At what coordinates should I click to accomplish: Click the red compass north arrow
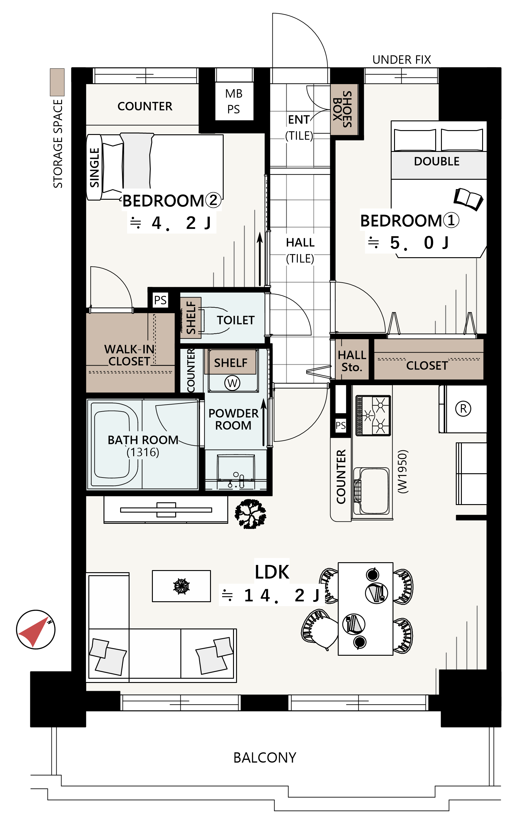(x=34, y=632)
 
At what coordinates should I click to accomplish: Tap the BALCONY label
(x=265, y=758)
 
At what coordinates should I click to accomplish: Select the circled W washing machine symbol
(x=232, y=383)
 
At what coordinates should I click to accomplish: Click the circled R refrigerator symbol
(x=463, y=409)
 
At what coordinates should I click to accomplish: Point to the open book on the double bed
(x=468, y=199)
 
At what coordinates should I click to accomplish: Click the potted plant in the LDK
(x=250, y=514)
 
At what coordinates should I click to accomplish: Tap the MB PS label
(x=234, y=101)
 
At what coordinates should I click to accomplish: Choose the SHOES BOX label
(x=342, y=109)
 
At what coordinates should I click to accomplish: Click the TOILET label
(x=236, y=320)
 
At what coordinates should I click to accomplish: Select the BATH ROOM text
(x=143, y=440)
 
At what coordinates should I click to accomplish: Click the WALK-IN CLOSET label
(x=129, y=355)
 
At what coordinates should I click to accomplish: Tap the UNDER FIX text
(x=402, y=60)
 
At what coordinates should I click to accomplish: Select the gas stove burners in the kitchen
(x=373, y=415)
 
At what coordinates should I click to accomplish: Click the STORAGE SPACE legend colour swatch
(x=57, y=82)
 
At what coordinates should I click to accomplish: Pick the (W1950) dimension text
(x=403, y=472)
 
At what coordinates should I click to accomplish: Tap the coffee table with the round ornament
(x=182, y=586)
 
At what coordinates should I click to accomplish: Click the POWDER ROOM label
(x=233, y=419)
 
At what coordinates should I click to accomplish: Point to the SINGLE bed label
(x=94, y=168)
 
